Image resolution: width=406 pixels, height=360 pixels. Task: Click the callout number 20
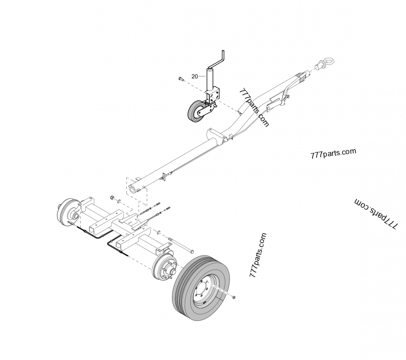(194, 76)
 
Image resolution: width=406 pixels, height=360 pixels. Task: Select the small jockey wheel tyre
(195, 111)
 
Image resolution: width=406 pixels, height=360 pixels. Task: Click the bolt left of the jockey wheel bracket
(181, 79)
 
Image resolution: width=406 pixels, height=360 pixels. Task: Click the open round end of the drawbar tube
(132, 190)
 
